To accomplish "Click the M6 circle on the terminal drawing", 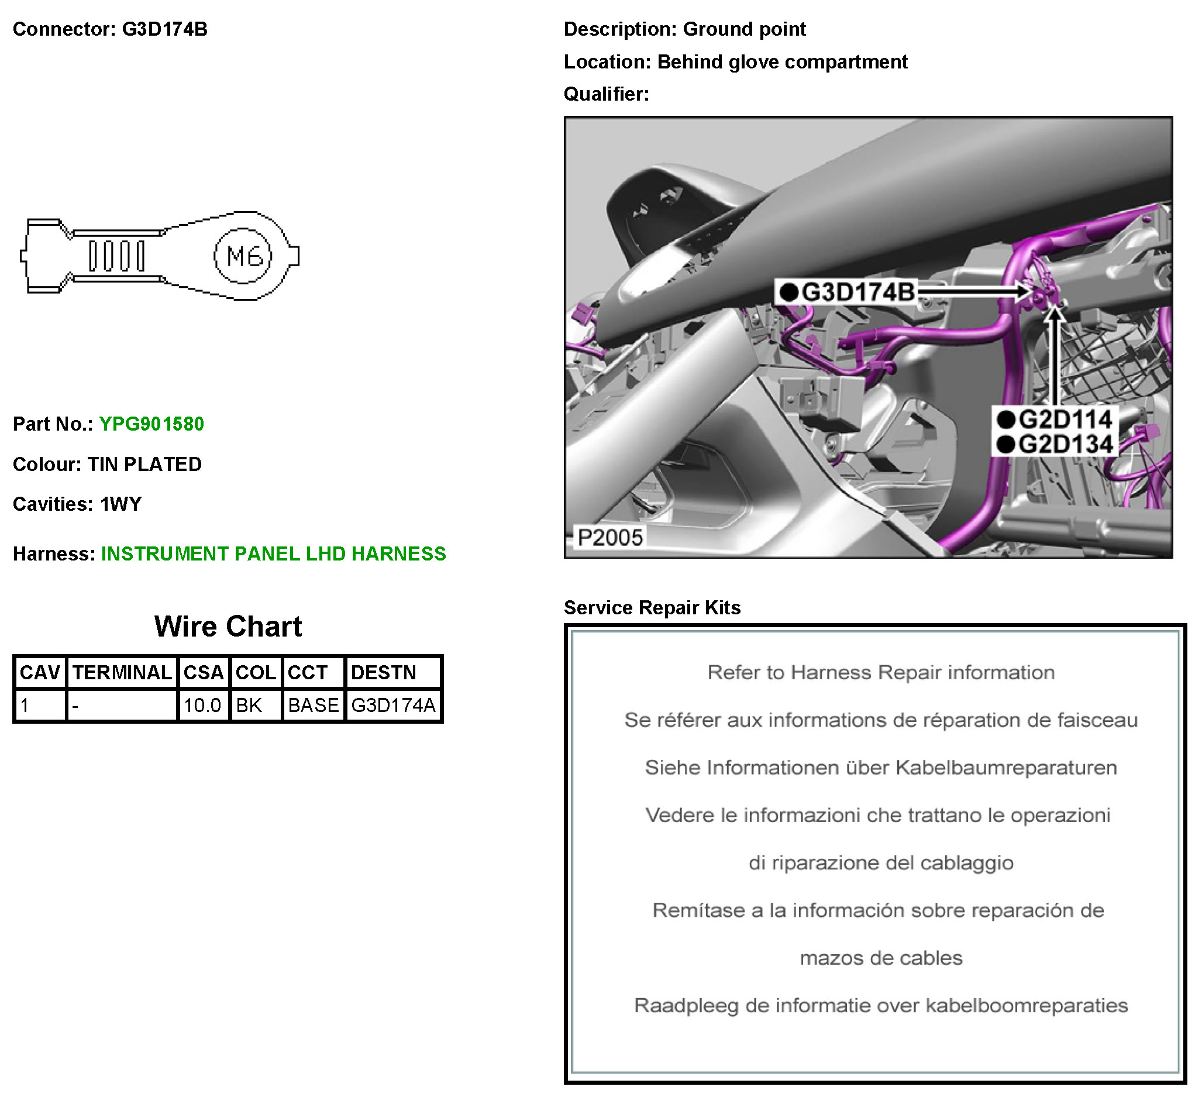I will [x=243, y=256].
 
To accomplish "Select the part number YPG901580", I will [x=151, y=424].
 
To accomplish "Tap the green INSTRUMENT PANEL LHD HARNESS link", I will [x=273, y=554].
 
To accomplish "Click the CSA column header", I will [x=204, y=673].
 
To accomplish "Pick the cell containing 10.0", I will [x=203, y=706].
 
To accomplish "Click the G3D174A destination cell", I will [x=393, y=706].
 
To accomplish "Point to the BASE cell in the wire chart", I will [x=313, y=706].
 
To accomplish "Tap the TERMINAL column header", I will [x=122, y=673].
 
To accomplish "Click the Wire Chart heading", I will [x=228, y=627].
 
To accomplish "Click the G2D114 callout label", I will [x=1055, y=420].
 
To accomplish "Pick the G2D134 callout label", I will [x=1055, y=445].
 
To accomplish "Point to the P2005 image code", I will [x=610, y=538].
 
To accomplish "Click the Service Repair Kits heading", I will [x=652, y=608].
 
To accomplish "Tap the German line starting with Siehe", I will [x=881, y=768].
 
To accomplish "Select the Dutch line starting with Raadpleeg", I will [x=881, y=1006].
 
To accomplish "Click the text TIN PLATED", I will [x=144, y=465].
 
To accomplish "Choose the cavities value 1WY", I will [x=121, y=505].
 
